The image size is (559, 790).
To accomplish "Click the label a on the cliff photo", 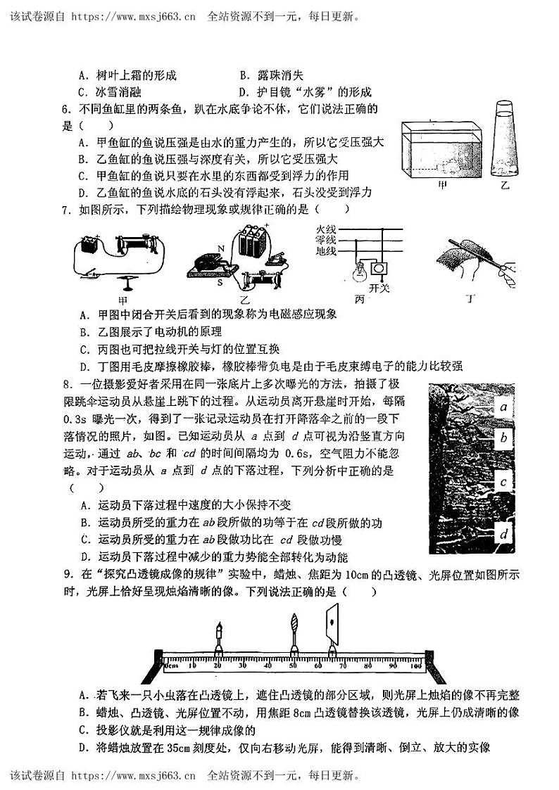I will pos(503,407).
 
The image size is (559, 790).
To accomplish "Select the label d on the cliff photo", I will pos(503,535).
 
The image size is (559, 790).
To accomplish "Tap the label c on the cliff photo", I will pos(503,482).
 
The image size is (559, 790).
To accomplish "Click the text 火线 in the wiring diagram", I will pos(327,229).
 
